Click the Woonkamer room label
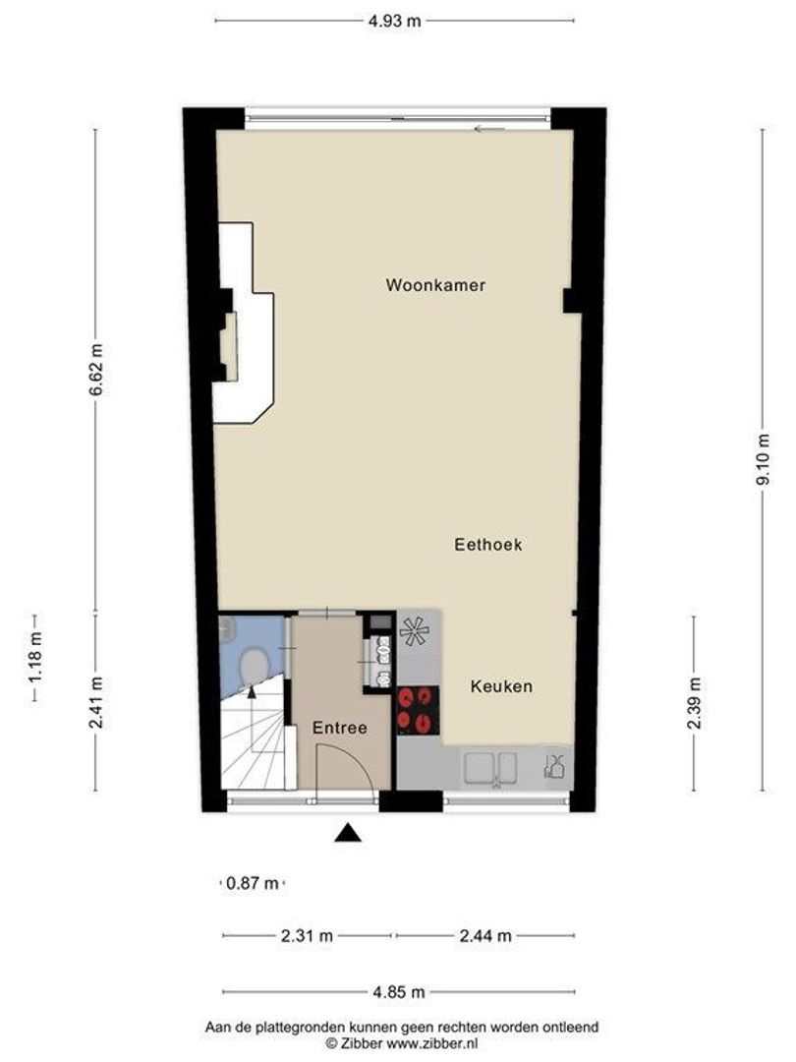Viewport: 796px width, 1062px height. [435, 286]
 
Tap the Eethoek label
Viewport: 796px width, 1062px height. [488, 544]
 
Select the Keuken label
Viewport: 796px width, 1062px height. [500, 686]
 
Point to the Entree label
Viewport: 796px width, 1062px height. [339, 729]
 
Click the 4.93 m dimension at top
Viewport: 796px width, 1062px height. [395, 21]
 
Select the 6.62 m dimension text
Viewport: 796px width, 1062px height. [95, 369]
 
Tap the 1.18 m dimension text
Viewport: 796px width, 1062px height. [35, 659]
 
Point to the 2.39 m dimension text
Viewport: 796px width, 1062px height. [694, 704]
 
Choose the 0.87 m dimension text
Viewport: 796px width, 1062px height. [253, 883]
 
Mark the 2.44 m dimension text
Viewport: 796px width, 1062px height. [485, 936]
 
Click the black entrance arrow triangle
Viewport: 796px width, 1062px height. [347, 834]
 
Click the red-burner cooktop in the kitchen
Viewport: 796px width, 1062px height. [417, 708]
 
